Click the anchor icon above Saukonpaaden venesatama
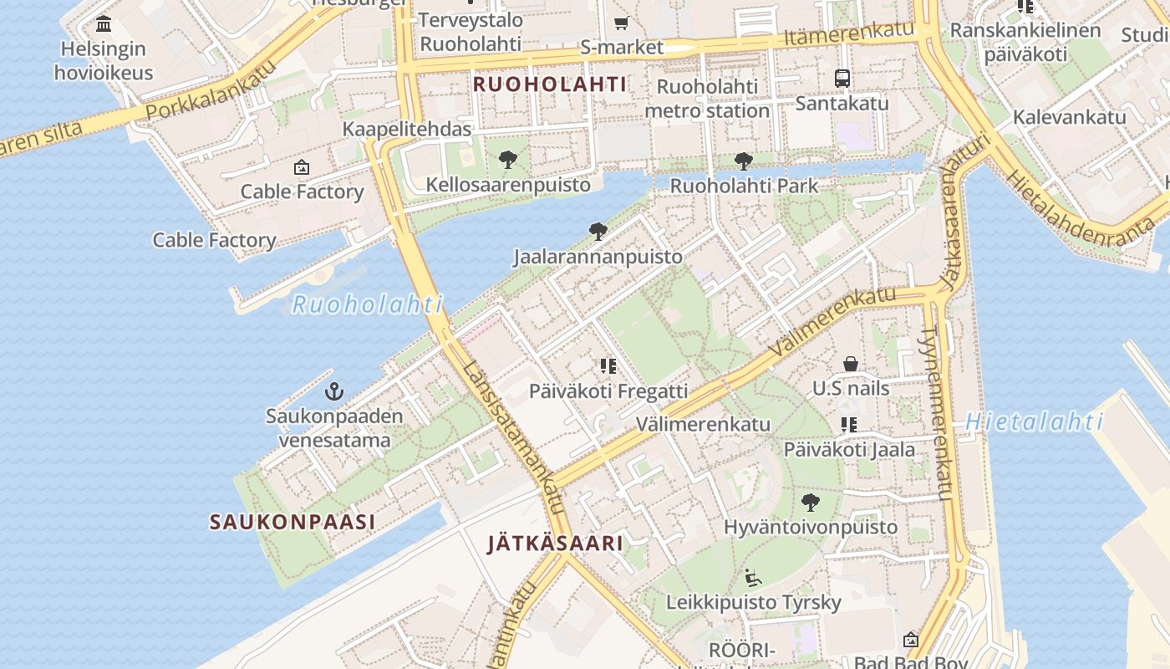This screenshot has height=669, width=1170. click(334, 391)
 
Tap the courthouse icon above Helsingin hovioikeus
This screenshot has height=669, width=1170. click(104, 23)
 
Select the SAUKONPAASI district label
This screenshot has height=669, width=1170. click(292, 522)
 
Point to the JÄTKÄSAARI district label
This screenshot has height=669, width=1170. click(555, 544)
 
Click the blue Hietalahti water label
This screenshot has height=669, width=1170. click(1034, 422)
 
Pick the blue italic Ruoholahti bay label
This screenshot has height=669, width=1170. click(367, 304)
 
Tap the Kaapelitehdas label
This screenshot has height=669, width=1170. click(407, 130)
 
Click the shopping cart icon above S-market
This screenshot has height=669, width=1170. click(621, 23)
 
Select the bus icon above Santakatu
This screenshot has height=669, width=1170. click(842, 79)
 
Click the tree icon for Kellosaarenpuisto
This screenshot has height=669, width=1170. click(507, 159)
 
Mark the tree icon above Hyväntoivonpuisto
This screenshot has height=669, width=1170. click(810, 503)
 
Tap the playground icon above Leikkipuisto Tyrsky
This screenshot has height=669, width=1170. click(753, 577)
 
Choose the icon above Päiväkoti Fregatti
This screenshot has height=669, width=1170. click(608, 366)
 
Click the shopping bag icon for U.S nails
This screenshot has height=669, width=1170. click(851, 364)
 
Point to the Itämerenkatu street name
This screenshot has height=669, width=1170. click(848, 34)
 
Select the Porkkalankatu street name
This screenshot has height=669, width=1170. click(211, 89)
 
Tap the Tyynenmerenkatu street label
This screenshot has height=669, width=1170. click(937, 414)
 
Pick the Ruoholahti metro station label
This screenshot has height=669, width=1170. click(707, 99)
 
